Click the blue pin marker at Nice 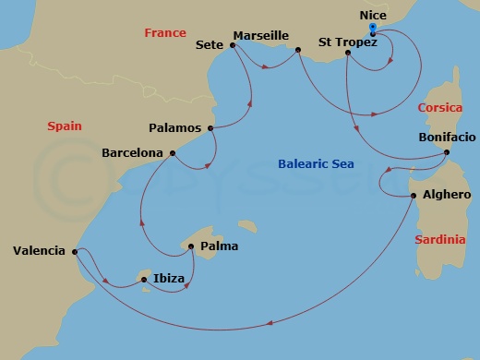[x=372, y=30]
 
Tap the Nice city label [x=372, y=16]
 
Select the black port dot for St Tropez [x=347, y=53]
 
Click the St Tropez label [x=347, y=42]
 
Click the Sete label [x=211, y=43]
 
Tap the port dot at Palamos [x=211, y=127]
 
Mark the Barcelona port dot [x=173, y=153]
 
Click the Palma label [x=219, y=246]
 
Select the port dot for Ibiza [x=144, y=279]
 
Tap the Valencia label [x=39, y=250]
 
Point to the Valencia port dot [x=75, y=250]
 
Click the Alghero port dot [x=413, y=196]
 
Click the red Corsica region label [x=439, y=107]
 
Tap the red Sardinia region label [x=439, y=239]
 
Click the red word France [x=165, y=33]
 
